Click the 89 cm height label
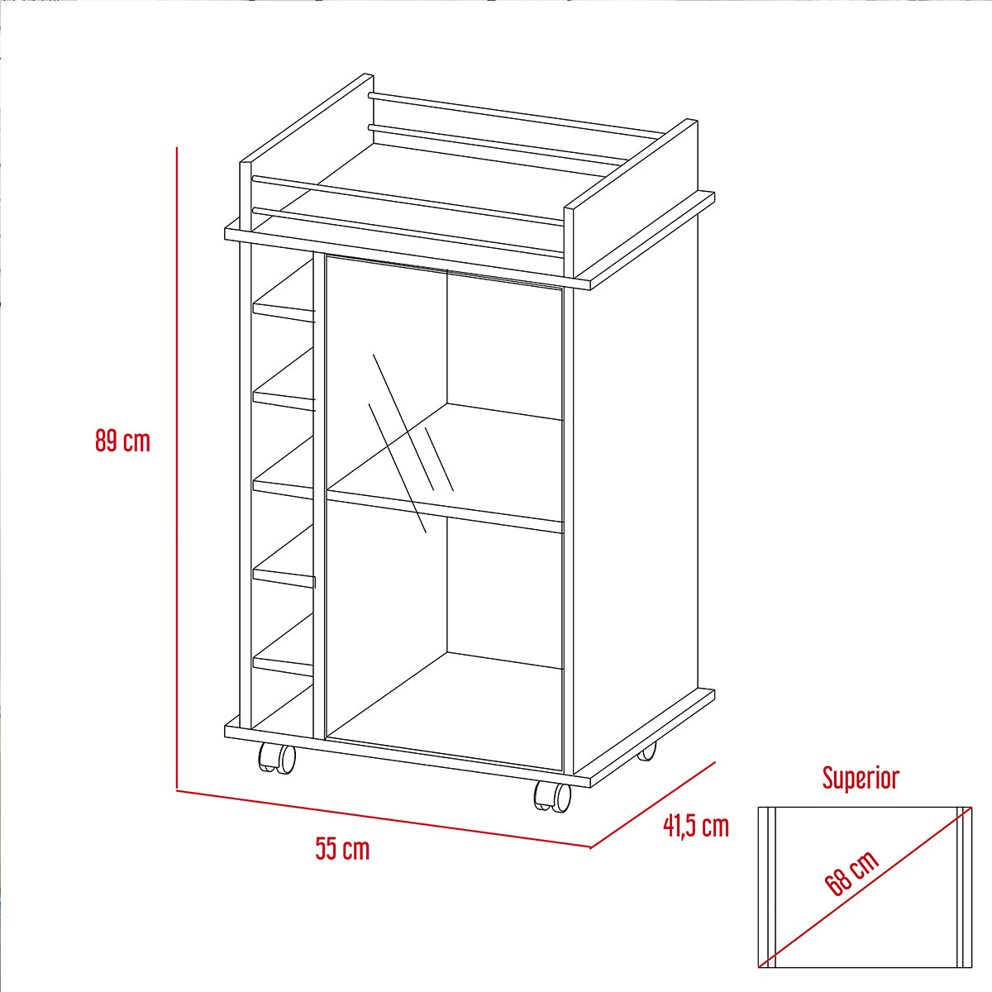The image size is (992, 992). tap(122, 441)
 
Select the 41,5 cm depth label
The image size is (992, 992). tap(696, 826)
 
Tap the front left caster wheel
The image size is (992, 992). tap(276, 757)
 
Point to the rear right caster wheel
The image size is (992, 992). tap(647, 751)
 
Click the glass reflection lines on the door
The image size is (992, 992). tap(411, 443)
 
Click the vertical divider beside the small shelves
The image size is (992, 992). tap(320, 495)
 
